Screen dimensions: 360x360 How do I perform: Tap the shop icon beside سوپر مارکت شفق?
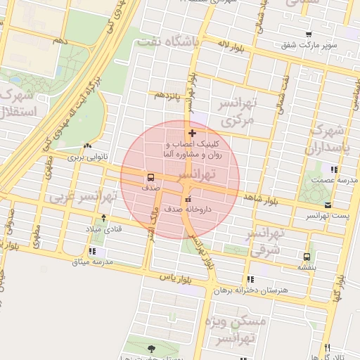pyautogui.click(x=309, y=34)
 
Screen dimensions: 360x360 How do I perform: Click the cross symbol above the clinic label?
pyautogui.click(x=192, y=133)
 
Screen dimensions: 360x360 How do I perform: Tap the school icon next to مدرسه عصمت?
pyautogui.click(x=334, y=169)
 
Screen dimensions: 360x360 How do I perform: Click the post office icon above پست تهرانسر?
pyautogui.click(x=328, y=204)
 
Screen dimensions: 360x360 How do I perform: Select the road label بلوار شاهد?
pyautogui.click(x=262, y=200)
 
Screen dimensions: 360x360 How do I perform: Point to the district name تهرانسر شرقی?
pyautogui.click(x=266, y=240)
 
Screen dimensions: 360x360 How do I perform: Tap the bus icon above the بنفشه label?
pyautogui.click(x=306, y=257)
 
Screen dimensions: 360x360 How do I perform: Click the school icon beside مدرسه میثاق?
pyautogui.click(x=92, y=252)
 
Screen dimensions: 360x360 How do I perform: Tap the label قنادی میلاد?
pyautogui.click(x=104, y=229)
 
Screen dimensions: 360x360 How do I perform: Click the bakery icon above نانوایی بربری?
pyautogui.click(x=87, y=147)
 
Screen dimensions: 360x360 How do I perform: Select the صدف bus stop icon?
pyautogui.click(x=151, y=177)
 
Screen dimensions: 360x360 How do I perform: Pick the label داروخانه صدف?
pyautogui.click(x=187, y=209)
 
